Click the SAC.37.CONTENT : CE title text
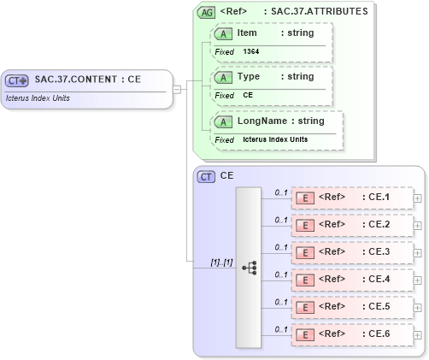[87, 79]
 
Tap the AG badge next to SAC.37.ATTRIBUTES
[206, 12]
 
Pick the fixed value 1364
[251, 52]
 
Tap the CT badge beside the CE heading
[206, 176]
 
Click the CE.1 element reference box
[351, 198]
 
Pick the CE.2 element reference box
[351, 225]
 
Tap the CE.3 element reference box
[351, 252]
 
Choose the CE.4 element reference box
[351, 280]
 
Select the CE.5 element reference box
[351, 307]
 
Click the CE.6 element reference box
[351, 334]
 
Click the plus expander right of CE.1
[417, 198]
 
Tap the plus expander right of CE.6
[417, 334]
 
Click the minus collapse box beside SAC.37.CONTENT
[176, 88]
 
